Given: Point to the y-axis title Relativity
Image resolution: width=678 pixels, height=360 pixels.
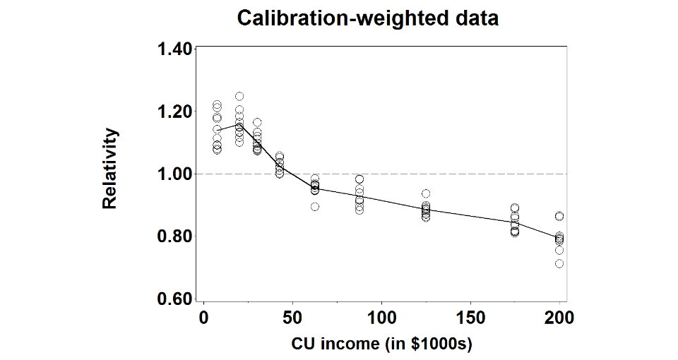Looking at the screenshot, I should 109,169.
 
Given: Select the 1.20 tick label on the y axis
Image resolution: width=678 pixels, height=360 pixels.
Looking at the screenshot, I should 174,112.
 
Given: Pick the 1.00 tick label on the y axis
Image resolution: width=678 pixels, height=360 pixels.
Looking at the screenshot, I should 174,174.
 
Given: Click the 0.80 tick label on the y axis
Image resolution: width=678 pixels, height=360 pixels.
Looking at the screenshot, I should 174,236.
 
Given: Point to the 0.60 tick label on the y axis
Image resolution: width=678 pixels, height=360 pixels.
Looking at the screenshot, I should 174,299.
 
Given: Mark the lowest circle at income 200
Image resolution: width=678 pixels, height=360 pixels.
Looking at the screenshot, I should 559,263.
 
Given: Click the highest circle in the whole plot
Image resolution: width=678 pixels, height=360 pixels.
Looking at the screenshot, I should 239,96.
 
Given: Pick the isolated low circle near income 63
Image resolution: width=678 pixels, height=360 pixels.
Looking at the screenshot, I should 315,207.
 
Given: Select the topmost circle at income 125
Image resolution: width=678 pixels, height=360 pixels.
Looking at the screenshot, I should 426,193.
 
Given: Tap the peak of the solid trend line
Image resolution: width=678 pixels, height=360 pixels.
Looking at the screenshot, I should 239,124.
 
